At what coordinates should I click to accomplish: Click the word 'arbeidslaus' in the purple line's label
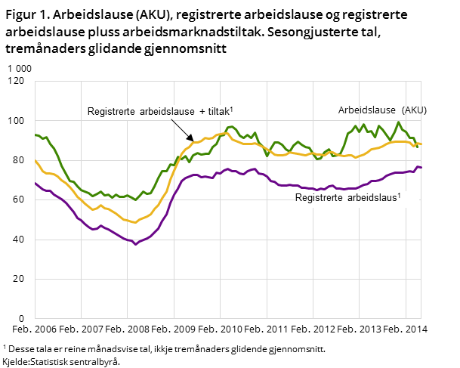pos(372,198)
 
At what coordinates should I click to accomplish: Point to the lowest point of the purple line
pos(135,244)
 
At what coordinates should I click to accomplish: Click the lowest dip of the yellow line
pos(135,223)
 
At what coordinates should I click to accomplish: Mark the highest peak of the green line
pos(398,122)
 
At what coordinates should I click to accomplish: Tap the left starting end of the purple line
pos(36,183)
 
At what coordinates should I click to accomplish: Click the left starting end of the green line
pos(36,135)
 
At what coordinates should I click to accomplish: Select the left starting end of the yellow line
pos(36,160)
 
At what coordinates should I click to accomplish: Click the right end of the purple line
pos(421,167)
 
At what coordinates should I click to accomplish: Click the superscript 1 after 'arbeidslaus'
pos(399,195)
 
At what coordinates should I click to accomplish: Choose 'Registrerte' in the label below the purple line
pos(318,198)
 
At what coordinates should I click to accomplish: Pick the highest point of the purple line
pos(418,166)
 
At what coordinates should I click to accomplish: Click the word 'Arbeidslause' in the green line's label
pos(366,110)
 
